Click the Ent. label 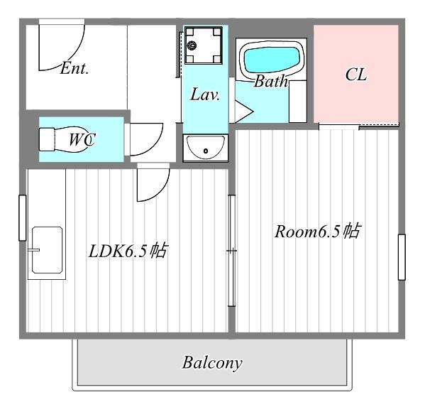point(74,68)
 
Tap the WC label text point(82,139)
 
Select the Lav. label point(205,94)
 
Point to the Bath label point(271,81)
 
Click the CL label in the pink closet point(356,74)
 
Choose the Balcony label point(212,362)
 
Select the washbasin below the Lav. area point(206,148)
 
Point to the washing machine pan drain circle point(192,45)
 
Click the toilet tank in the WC point(47,139)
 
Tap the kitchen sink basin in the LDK point(47,250)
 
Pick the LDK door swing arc point(161,191)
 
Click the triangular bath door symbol point(243,112)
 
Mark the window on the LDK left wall point(23,217)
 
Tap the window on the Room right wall point(402,257)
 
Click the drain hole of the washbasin point(206,151)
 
